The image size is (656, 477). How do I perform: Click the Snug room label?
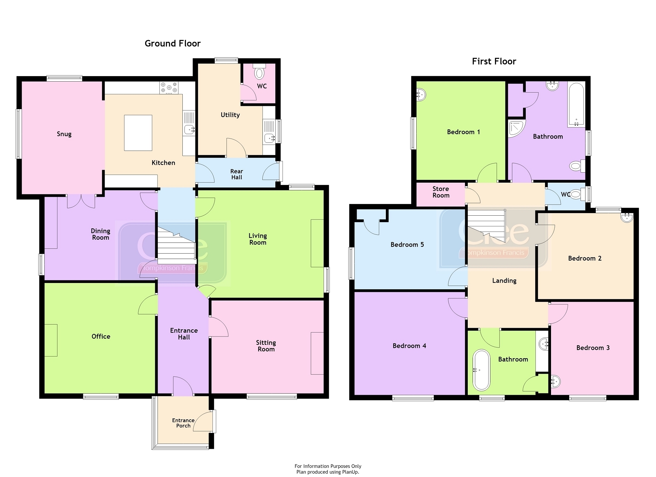(x=64, y=134)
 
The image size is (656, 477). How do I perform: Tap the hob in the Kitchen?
(x=169, y=87)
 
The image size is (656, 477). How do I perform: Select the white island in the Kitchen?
(x=138, y=133)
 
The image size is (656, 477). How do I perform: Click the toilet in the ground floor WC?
(x=259, y=72)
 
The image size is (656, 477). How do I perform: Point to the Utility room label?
(x=230, y=115)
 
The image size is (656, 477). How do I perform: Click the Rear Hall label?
(x=237, y=174)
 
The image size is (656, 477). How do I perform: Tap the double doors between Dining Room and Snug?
(x=81, y=201)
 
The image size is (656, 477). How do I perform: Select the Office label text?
(x=101, y=336)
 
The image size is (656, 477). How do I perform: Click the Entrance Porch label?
(x=183, y=423)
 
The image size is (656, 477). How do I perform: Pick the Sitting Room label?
(x=266, y=346)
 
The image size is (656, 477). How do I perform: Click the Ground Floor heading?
(x=173, y=43)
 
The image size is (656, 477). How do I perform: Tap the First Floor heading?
(x=494, y=61)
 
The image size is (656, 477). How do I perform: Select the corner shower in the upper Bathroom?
(x=516, y=128)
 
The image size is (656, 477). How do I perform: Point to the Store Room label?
(x=441, y=192)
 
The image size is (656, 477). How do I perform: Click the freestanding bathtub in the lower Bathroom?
(x=481, y=370)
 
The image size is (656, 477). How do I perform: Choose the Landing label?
(x=504, y=281)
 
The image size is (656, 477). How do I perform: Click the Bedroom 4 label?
(x=409, y=346)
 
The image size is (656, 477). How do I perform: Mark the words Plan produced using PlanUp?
(x=328, y=472)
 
